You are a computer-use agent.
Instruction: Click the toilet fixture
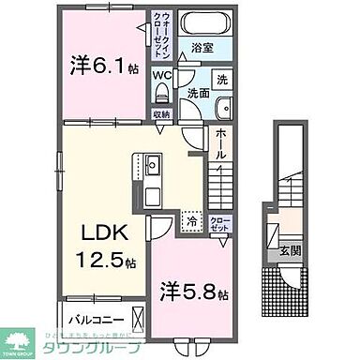162,93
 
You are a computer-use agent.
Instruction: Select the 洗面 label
198,94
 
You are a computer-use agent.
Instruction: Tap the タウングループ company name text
95,348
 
